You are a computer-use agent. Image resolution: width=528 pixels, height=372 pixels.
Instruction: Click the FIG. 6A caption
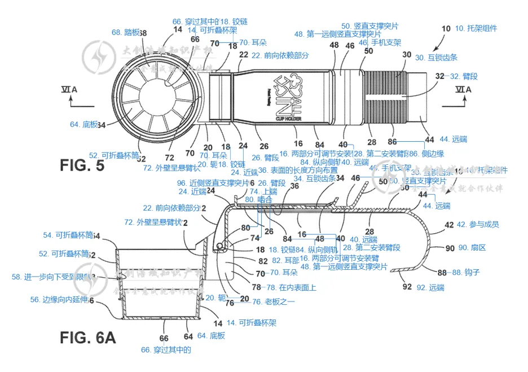point(87,338)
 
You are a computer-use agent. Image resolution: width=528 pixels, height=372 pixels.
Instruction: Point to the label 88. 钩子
point(466,273)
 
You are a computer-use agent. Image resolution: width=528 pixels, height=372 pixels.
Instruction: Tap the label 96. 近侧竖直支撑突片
point(213,183)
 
